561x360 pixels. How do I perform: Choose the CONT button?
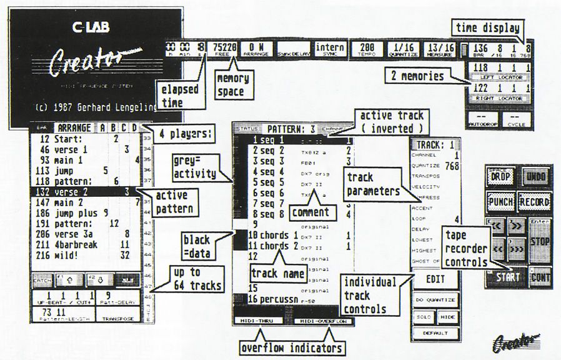[x=539, y=276]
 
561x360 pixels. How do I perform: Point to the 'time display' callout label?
[x=487, y=27]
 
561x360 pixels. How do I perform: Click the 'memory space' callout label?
[x=232, y=84]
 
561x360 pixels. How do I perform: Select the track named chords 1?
[x=277, y=235]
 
